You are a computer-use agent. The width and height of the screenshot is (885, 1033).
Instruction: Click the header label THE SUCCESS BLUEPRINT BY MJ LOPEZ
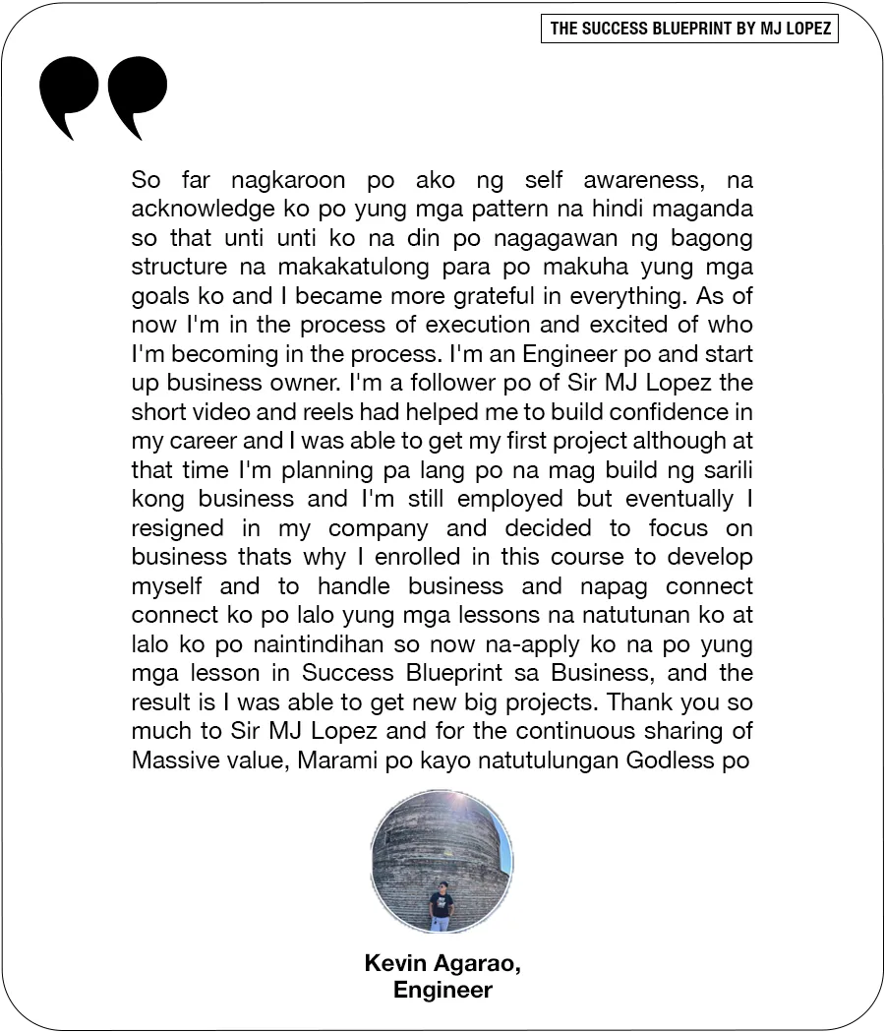pyautogui.click(x=689, y=29)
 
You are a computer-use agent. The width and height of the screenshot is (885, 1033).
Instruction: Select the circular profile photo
pyautogui.click(x=442, y=860)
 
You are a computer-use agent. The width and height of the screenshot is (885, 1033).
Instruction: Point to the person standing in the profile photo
pyautogui.click(x=442, y=904)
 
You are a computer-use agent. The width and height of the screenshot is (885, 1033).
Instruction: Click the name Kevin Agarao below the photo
pyautogui.click(x=442, y=963)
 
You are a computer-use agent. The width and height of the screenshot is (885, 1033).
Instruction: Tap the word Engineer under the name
pyautogui.click(x=442, y=990)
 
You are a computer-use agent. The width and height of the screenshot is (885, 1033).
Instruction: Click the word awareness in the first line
pyautogui.click(x=639, y=181)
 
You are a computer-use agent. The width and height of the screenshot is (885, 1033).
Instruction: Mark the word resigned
pyautogui.click(x=177, y=528)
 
